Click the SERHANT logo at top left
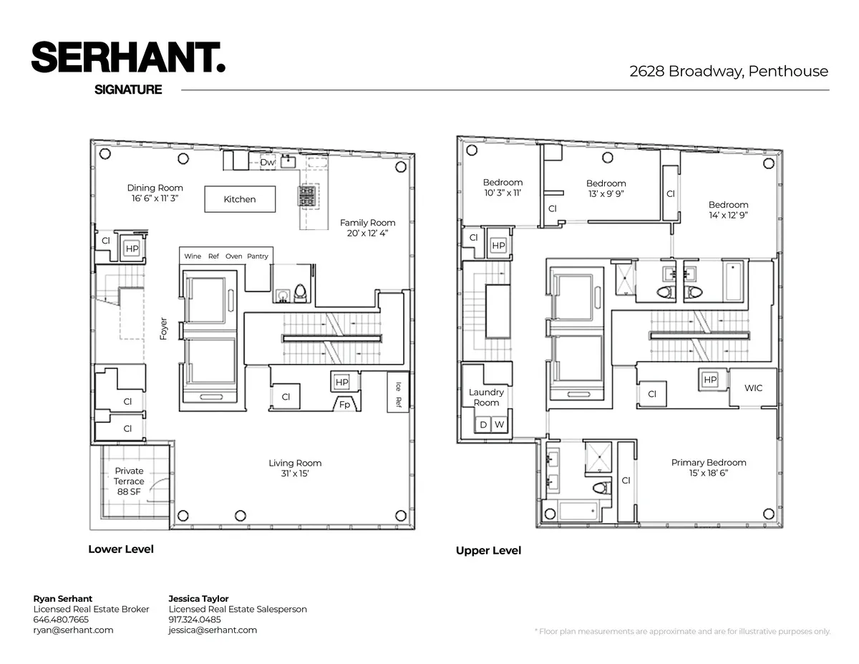click(128, 57)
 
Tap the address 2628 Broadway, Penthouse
click(729, 72)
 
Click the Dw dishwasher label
click(267, 163)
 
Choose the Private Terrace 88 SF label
click(129, 481)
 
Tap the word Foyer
click(164, 329)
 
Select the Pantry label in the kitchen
click(258, 256)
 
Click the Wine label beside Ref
click(193, 256)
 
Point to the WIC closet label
click(753, 388)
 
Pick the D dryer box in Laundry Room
click(483, 425)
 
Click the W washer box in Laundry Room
click(500, 425)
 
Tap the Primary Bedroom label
click(709, 463)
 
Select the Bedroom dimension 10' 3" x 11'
click(503, 193)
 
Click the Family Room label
click(367, 223)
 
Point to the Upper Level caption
click(488, 551)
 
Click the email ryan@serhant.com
click(73, 630)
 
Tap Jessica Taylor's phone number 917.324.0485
click(195, 620)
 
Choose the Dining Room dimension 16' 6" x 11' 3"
click(155, 198)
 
